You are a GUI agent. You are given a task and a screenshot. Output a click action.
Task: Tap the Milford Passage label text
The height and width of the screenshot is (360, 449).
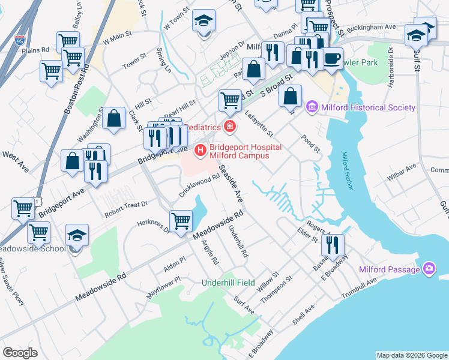[390, 269]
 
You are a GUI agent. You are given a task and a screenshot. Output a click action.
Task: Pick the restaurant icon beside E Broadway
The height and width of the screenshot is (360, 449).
[332, 245]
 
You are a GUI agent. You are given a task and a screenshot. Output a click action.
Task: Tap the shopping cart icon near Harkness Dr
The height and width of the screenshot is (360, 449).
[181, 221]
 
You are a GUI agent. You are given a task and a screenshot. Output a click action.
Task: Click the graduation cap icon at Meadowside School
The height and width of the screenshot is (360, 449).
[77, 235]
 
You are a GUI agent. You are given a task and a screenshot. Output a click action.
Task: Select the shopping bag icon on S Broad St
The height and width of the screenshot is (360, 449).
[291, 96]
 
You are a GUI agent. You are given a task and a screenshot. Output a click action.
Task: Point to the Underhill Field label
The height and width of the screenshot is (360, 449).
[228, 283]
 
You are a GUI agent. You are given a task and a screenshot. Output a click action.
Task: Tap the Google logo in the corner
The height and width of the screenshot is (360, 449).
[20, 352]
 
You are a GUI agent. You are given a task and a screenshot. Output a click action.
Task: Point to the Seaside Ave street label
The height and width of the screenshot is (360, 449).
[231, 184]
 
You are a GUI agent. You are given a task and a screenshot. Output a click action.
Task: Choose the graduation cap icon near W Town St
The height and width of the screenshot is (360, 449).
[204, 21]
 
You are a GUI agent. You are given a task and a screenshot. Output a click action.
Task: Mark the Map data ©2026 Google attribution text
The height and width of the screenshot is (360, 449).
[411, 355]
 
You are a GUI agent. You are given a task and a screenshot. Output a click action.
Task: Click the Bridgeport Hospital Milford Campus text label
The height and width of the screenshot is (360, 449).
[238, 151]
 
